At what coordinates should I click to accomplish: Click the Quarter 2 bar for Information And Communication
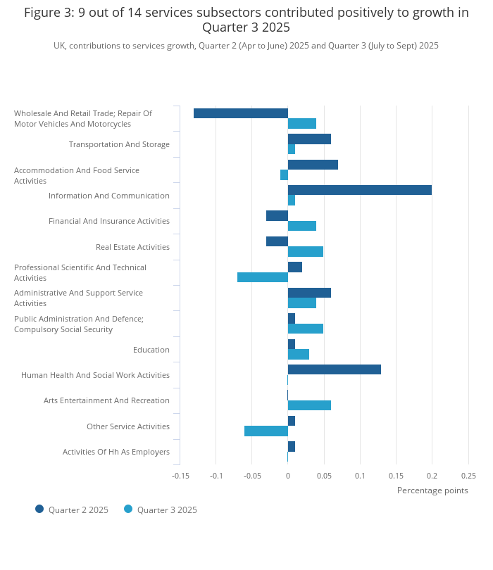pyautogui.click(x=359, y=190)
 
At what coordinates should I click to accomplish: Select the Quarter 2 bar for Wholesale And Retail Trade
pyautogui.click(x=241, y=113)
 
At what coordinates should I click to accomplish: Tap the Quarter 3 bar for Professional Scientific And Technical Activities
pyautogui.click(x=263, y=277)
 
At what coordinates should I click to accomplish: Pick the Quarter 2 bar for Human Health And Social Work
pyautogui.click(x=334, y=369)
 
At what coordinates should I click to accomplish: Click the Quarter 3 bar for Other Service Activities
pyautogui.click(x=266, y=431)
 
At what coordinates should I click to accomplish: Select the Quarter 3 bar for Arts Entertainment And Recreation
pyautogui.click(x=309, y=405)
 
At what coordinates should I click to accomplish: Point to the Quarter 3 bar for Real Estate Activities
pyautogui.click(x=306, y=251)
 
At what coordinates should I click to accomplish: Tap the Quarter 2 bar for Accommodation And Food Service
pyautogui.click(x=313, y=165)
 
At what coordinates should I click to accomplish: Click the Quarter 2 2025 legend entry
pyautogui.click(x=72, y=509)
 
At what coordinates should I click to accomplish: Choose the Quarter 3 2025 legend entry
pyautogui.click(x=161, y=509)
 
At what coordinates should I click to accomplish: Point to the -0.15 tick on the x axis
pyautogui.click(x=181, y=476)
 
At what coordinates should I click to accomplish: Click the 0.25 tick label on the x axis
pyautogui.click(x=468, y=476)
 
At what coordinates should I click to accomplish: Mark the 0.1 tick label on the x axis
pyautogui.click(x=360, y=476)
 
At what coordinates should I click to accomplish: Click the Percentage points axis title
pyautogui.click(x=432, y=490)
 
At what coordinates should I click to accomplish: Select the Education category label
pyautogui.click(x=151, y=350)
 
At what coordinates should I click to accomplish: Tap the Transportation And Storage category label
pyautogui.click(x=119, y=144)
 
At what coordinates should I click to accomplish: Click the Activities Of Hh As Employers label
pyautogui.click(x=116, y=452)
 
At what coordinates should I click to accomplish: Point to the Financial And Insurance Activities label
pyautogui.click(x=109, y=221)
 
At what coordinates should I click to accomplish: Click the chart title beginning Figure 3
pyautogui.click(x=246, y=20)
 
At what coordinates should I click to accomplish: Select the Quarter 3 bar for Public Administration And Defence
pyautogui.click(x=306, y=329)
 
